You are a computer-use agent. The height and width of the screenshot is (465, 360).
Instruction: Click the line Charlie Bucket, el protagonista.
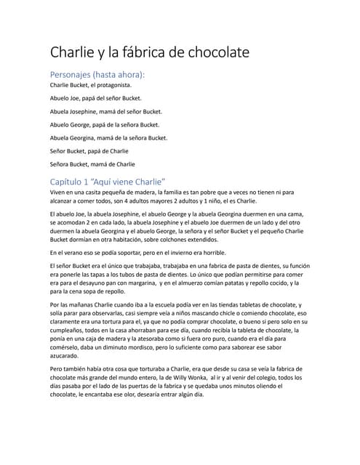coord(91,85)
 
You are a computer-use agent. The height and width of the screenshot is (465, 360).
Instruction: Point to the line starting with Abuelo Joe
coord(95,98)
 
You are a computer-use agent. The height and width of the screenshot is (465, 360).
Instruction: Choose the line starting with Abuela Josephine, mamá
coord(105,111)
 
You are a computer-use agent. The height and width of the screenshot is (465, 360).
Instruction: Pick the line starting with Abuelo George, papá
coord(104,124)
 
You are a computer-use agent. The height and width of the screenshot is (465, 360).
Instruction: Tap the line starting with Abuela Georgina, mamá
coord(108,137)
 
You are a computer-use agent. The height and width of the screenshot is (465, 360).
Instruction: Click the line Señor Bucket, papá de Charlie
coord(89,150)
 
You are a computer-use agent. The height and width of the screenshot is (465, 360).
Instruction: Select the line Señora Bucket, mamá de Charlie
coord(92,163)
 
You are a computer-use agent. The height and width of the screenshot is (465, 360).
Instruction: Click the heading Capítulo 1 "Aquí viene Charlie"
coord(108,180)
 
